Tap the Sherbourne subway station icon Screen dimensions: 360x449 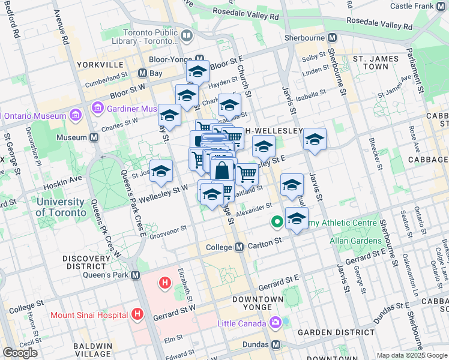tap(331, 37)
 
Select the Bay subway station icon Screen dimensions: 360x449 tap(142, 73)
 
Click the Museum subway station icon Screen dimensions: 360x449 tap(94, 137)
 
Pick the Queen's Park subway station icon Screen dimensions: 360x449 tap(135, 275)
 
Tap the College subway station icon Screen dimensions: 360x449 tap(238, 247)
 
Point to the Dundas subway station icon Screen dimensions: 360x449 tap(276, 345)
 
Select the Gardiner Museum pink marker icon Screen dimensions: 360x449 tap(97, 109)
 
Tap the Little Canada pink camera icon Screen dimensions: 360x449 tap(275, 323)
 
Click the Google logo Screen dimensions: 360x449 tap(20, 352)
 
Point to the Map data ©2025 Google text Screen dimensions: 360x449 tap(411, 355)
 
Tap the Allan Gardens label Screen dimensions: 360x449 tap(355, 241)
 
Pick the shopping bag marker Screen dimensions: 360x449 tap(222, 170)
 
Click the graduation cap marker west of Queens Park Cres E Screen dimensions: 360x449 tap(161, 172)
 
